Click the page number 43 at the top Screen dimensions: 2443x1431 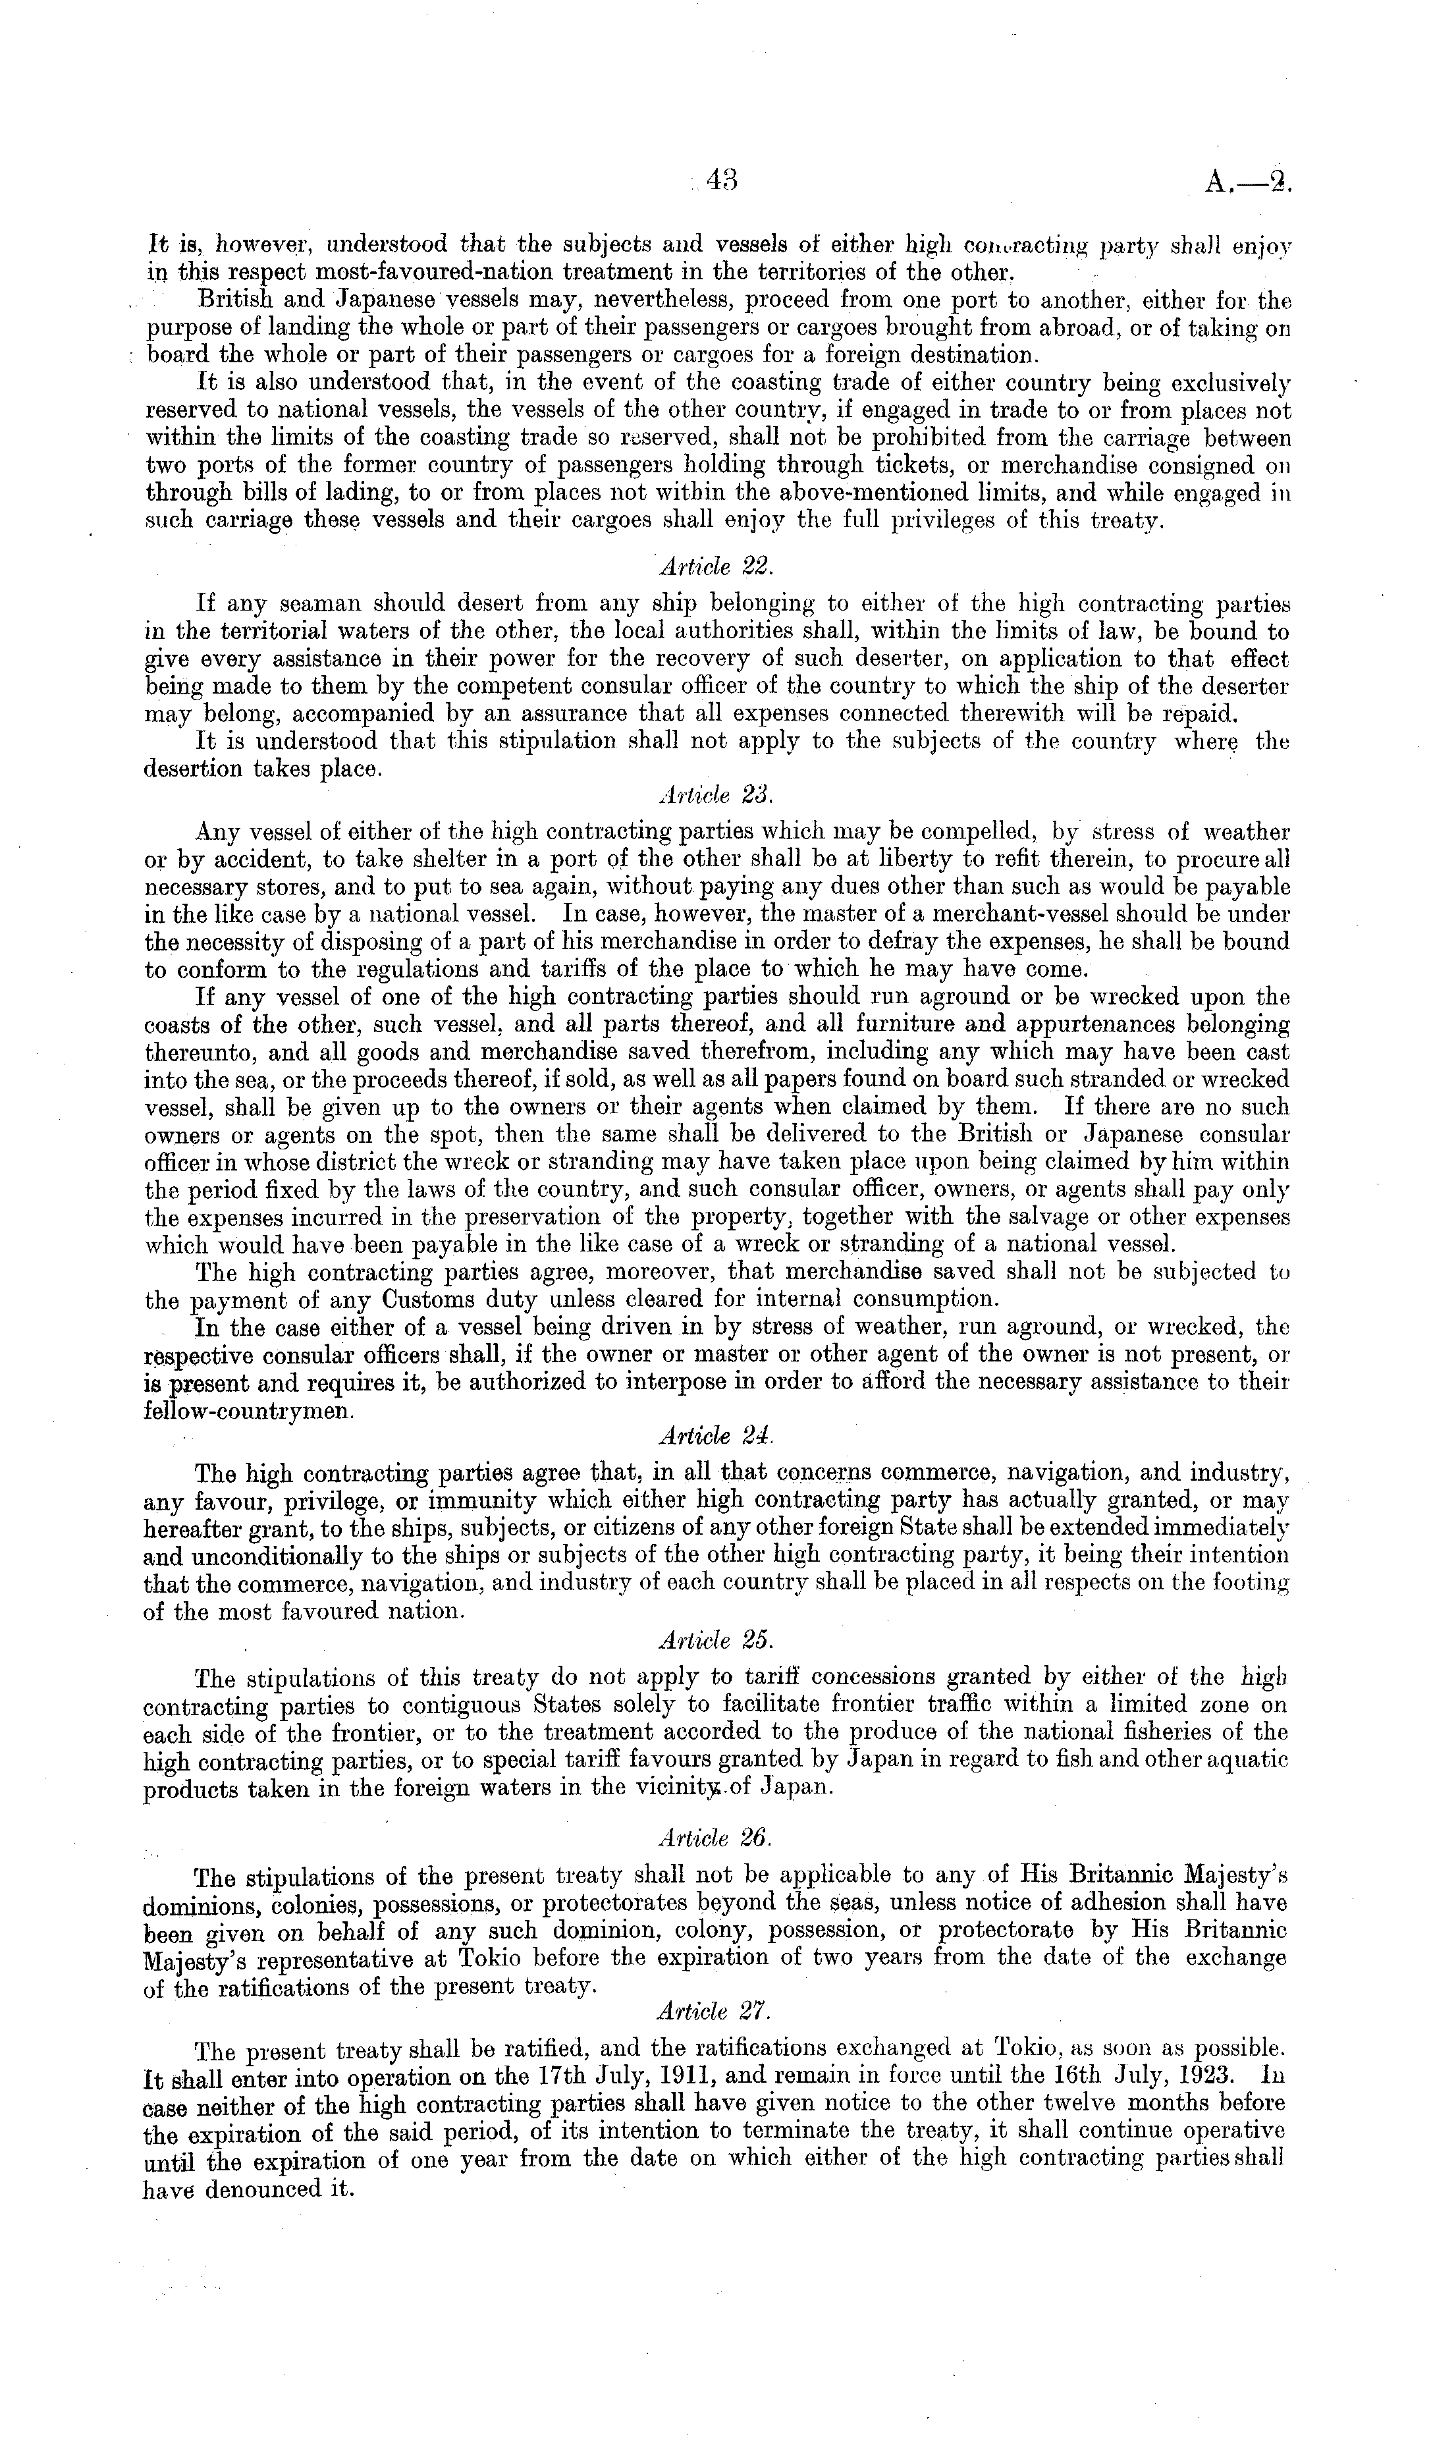pyautogui.click(x=722, y=181)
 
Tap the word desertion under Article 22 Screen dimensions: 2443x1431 pyautogui.click(x=203, y=771)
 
